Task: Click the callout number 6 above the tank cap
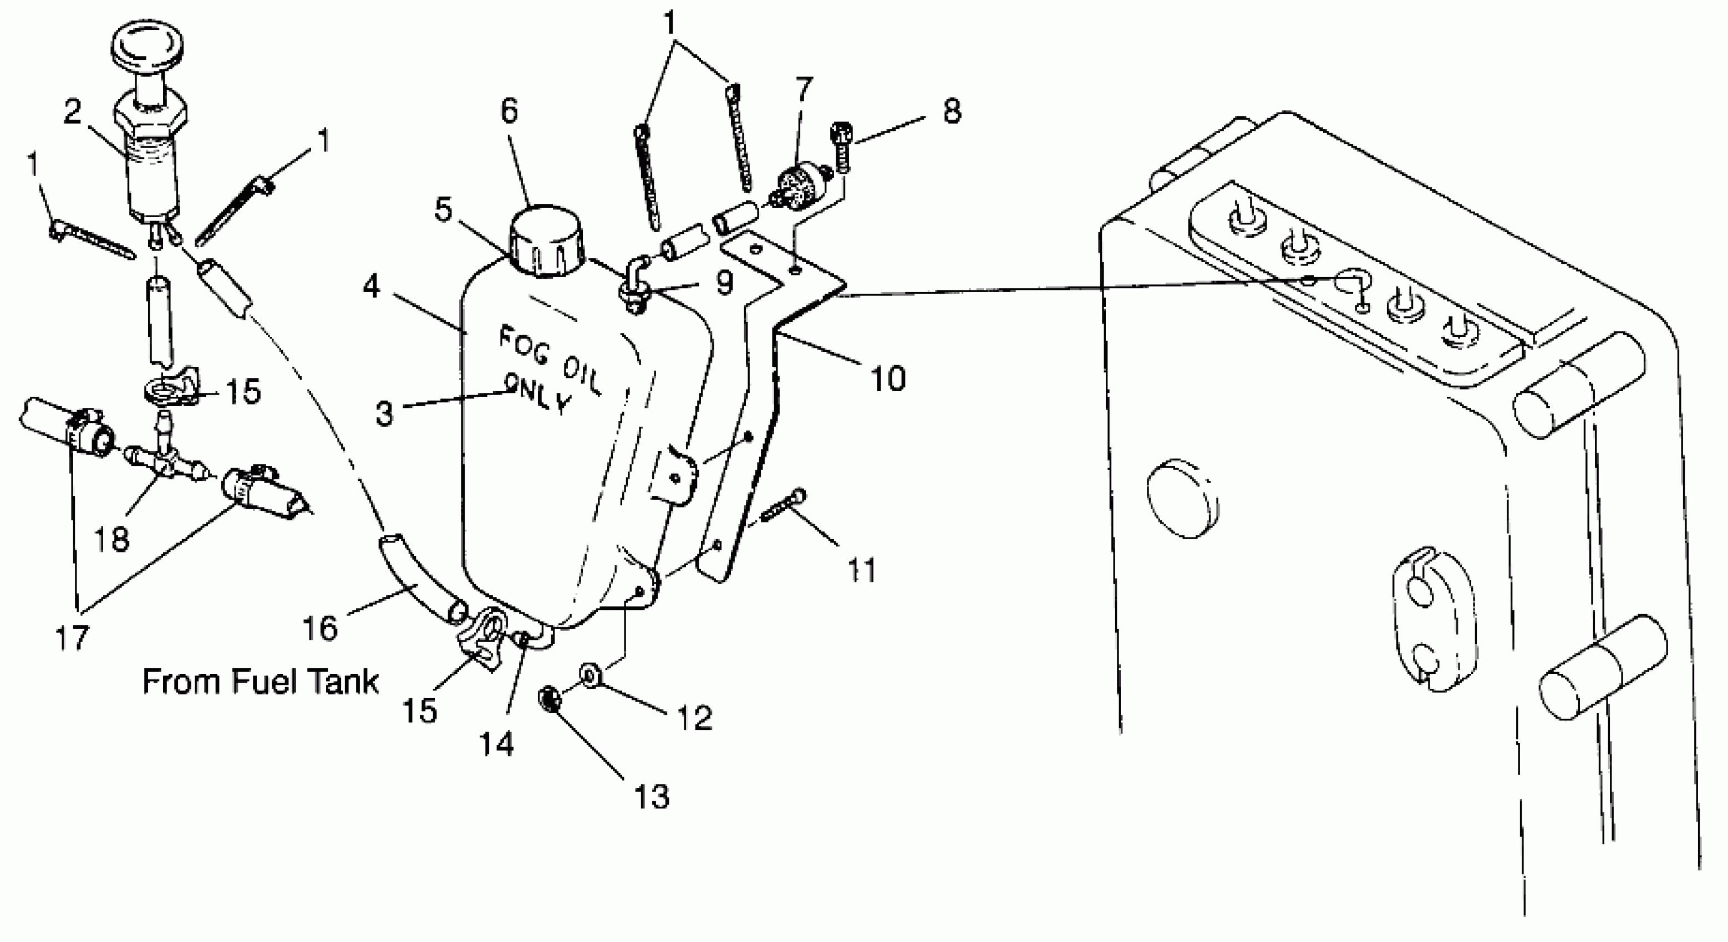coord(510,111)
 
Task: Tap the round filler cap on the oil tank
coord(546,242)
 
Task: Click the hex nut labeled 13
coord(548,700)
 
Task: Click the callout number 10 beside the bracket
coord(887,379)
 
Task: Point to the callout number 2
coord(82,112)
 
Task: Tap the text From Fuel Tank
coord(260,682)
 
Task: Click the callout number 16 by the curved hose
coord(320,628)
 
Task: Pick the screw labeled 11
coord(781,511)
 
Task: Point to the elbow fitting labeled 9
coord(636,284)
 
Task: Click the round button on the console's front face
coord(1183,499)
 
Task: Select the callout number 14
coord(496,744)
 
